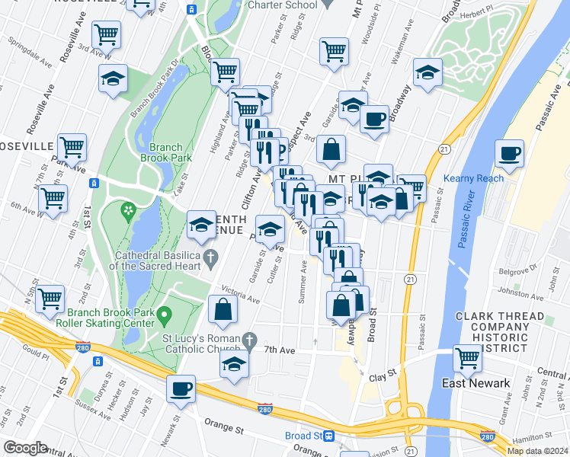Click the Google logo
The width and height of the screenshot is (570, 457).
pyautogui.click(x=24, y=448)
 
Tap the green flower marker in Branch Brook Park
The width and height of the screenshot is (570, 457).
pyautogui.click(x=128, y=209)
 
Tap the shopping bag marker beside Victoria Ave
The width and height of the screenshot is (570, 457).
pyautogui.click(x=223, y=308)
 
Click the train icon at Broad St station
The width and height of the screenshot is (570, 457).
pyautogui.click(x=329, y=436)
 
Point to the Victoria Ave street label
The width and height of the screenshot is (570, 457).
pyautogui.click(x=240, y=294)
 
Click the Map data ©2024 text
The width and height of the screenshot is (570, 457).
pyautogui.click(x=538, y=450)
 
